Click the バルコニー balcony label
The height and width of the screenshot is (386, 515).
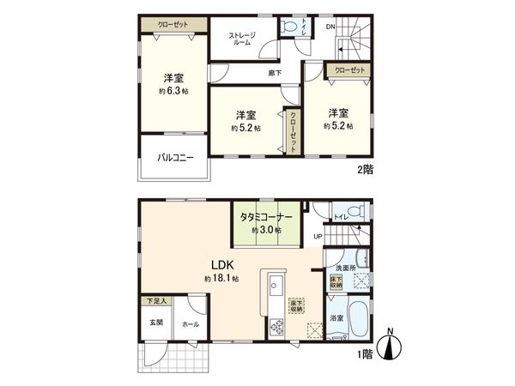(175, 158)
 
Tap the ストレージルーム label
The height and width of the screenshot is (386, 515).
(242, 39)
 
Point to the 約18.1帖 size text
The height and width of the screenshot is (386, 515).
(221, 280)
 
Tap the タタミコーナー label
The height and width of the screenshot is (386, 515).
(266, 218)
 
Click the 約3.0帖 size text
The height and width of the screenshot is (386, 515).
(267, 230)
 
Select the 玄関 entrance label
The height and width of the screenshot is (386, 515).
(156, 322)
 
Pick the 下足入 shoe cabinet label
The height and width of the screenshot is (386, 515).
(155, 302)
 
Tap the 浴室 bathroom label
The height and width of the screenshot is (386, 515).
(337, 319)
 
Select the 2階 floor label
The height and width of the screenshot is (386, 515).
(366, 171)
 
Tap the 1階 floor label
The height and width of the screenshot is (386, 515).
(366, 352)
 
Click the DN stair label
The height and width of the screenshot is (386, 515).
(330, 27)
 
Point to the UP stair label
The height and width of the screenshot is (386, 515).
(317, 237)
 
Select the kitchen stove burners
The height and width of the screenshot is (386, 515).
(277, 325)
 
